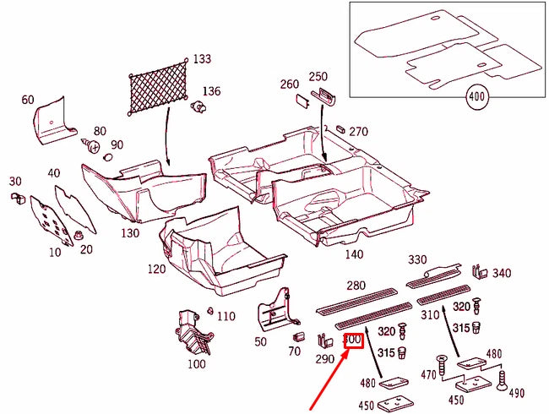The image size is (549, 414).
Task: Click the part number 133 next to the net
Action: tap(202, 59)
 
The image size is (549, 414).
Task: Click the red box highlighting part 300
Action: tap(354, 340)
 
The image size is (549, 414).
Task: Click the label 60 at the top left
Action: tap(28, 100)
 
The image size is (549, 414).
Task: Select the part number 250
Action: tap(318, 76)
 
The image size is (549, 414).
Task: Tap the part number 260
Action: tap(290, 84)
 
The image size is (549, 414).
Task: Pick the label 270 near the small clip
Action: tap(359, 131)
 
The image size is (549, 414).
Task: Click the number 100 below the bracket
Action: tap(196, 364)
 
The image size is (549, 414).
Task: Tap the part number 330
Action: tap(417, 259)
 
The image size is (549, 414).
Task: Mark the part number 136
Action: tap(211, 91)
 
